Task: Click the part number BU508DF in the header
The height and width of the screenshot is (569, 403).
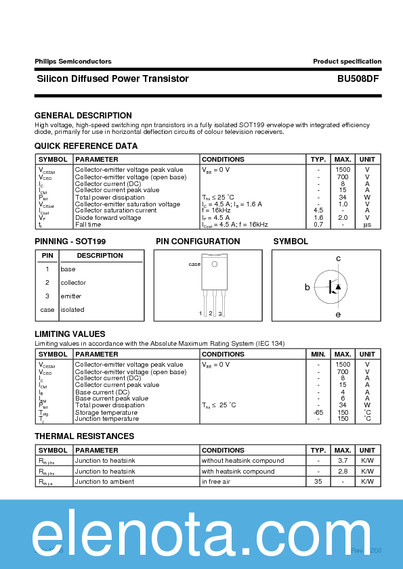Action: pos(359,78)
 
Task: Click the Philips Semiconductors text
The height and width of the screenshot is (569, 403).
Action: pos(73,62)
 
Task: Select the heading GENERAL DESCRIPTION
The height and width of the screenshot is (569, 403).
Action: pos(83,116)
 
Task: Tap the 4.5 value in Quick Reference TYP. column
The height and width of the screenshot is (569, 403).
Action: pos(318,210)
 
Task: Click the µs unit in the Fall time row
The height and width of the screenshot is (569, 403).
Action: pos(367,225)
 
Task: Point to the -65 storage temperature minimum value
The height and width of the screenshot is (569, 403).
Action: pos(318,412)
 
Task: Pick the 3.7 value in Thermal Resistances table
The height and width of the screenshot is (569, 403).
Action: pos(343,461)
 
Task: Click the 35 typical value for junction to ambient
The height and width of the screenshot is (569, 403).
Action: pos(318,482)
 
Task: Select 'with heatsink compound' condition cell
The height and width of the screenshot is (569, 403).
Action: pos(238,471)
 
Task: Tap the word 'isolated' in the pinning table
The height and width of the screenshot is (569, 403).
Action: pos(72,310)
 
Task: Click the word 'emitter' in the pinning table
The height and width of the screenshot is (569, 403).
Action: pos(71,296)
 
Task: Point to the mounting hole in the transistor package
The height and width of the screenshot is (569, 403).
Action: pos(213,263)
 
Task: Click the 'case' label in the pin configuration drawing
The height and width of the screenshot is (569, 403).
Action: pos(194,265)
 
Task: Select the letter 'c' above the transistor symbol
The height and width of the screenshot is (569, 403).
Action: pos(338,258)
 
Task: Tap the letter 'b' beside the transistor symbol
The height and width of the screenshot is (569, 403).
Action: pos(307,288)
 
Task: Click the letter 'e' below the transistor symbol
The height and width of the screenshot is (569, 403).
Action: pos(338,315)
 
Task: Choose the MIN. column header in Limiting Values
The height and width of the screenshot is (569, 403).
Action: pos(318,355)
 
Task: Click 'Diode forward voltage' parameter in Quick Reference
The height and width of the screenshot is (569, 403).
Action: pos(108,218)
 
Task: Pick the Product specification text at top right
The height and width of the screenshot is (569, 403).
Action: pos(347,62)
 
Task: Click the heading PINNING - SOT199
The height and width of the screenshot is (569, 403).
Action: pos(70,242)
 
